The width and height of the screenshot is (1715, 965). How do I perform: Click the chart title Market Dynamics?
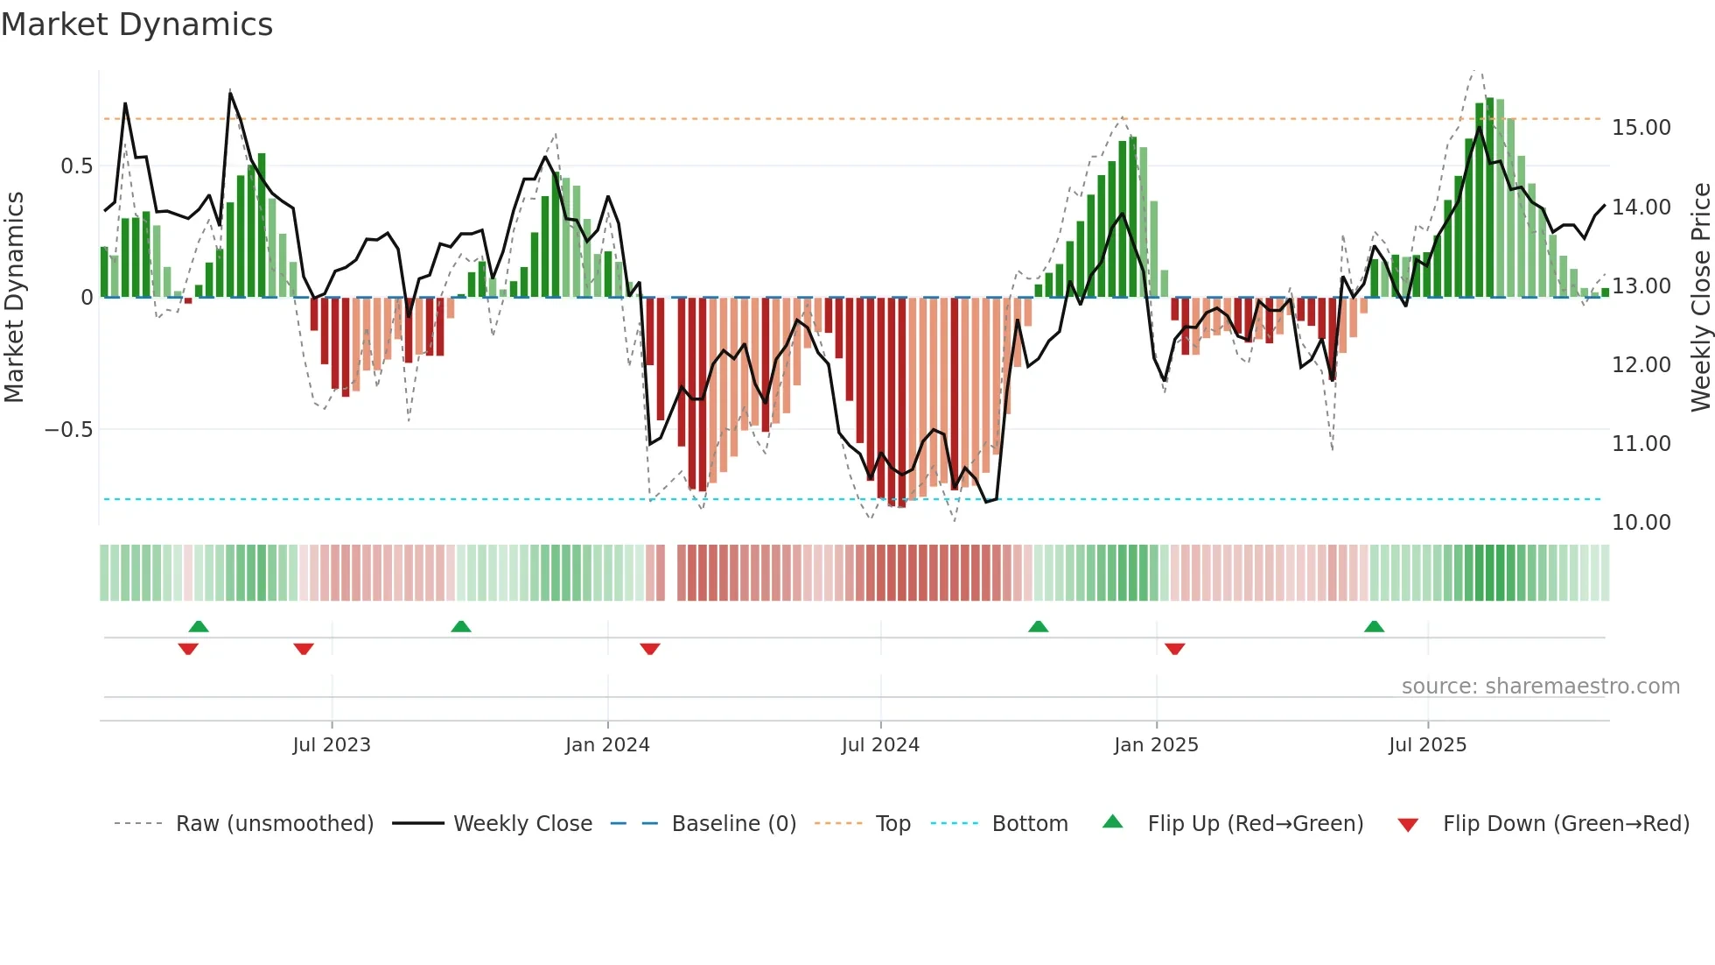[136, 25]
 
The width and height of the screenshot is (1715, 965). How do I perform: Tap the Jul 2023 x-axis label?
[332, 745]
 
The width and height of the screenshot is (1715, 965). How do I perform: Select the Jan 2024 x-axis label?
[607, 745]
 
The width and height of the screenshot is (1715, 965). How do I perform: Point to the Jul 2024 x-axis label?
[880, 745]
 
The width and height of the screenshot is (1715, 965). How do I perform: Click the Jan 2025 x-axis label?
[1156, 745]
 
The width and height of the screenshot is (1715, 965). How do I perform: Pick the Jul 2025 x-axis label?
[1427, 745]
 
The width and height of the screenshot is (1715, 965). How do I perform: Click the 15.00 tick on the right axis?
[1641, 128]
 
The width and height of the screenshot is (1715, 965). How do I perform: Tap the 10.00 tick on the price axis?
[1641, 523]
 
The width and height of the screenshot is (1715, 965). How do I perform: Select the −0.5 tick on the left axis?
[68, 430]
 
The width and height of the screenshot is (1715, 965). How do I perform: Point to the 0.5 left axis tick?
[76, 166]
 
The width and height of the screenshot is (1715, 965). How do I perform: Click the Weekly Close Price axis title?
[1700, 298]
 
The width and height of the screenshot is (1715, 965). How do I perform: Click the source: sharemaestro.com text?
[1540, 687]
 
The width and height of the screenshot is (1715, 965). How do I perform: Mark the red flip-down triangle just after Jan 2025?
[1175, 649]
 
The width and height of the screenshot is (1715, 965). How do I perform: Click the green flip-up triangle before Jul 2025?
[1374, 626]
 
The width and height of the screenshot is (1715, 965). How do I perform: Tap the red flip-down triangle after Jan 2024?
[650, 649]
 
